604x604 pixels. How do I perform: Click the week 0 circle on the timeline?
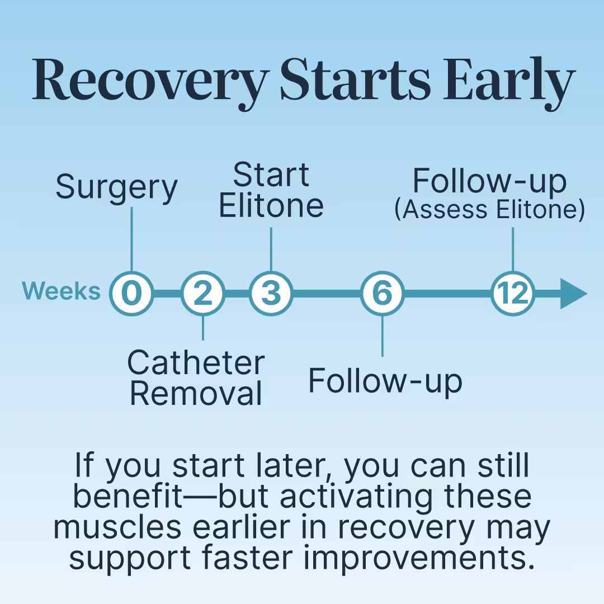[132, 294]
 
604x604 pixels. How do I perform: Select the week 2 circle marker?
[203, 294]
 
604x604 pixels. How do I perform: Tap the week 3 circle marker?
[271, 294]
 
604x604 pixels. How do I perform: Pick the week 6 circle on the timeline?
[383, 294]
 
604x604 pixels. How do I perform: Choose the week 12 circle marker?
[513, 294]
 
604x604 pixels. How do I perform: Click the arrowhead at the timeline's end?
[573, 294]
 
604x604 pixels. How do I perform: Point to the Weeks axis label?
[62, 291]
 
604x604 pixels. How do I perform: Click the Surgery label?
[117, 188]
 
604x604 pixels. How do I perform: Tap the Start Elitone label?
[271, 190]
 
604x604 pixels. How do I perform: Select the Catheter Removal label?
[196, 378]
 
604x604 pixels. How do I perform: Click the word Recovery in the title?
[151, 80]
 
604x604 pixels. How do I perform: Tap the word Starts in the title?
[355, 79]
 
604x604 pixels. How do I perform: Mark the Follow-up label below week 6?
[385, 381]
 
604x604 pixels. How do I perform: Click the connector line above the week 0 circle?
[132, 239]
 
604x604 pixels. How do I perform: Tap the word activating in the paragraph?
[356, 498]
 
